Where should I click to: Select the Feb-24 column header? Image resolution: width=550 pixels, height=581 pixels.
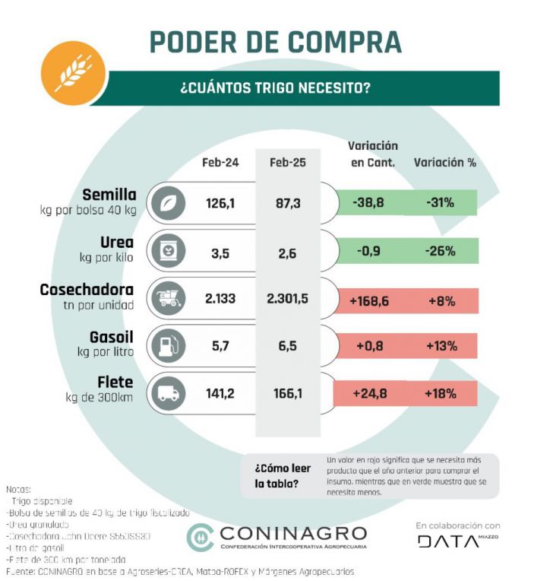tap(220, 163)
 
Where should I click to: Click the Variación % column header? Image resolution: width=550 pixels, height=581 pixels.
tap(444, 163)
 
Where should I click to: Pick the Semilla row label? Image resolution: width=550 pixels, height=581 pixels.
tap(109, 195)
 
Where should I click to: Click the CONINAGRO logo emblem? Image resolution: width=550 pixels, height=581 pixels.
tap(200, 537)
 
